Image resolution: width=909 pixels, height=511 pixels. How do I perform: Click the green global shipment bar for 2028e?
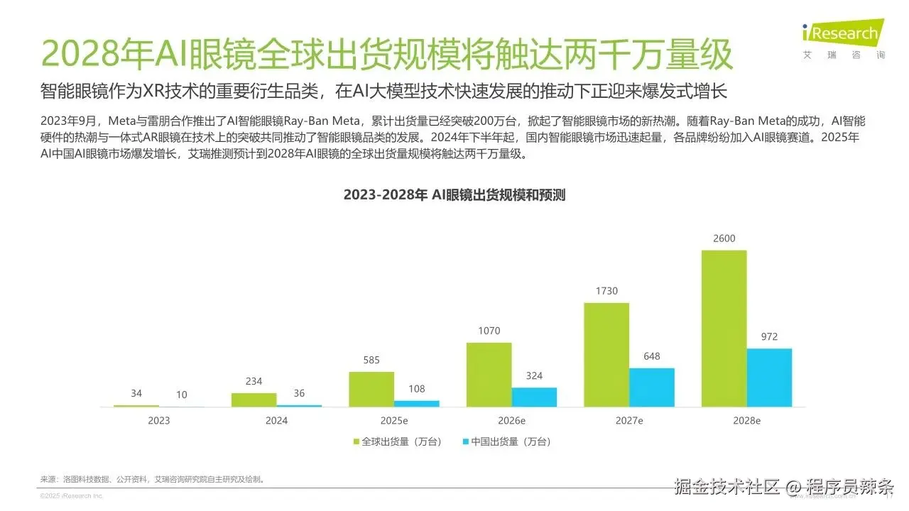(724, 328)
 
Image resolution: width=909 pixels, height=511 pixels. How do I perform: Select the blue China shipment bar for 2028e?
(769, 378)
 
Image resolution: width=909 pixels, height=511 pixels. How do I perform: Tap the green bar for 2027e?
(606, 354)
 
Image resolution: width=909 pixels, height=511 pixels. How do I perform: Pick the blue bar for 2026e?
(534, 397)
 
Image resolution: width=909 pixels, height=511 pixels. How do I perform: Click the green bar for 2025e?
(371, 389)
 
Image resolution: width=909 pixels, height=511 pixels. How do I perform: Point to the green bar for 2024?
(254, 400)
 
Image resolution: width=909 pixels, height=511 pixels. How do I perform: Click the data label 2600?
(724, 238)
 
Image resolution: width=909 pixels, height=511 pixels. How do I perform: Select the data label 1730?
(606, 291)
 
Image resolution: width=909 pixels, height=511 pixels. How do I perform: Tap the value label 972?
(769, 336)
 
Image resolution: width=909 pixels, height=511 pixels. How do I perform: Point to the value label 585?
(371, 360)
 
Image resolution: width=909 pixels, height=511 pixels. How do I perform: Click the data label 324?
(534, 375)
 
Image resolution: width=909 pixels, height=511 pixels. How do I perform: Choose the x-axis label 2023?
(159, 421)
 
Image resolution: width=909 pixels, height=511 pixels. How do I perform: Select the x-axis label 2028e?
(746, 421)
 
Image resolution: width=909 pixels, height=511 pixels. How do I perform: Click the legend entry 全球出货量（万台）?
(398, 441)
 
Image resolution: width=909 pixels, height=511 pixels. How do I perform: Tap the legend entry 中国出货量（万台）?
(506, 441)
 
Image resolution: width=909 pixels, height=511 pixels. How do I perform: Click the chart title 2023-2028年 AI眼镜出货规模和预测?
(454, 195)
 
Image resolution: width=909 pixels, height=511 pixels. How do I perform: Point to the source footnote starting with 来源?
(152, 479)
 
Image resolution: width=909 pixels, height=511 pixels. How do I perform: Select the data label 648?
(651, 356)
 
